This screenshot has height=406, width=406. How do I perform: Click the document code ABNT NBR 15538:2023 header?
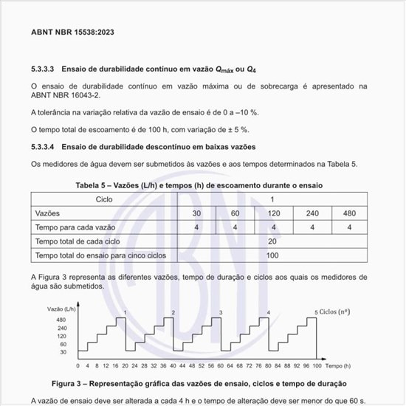coord(72,33)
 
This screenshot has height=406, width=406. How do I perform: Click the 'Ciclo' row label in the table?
coord(104,199)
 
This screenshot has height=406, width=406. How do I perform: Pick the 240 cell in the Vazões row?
coord(312,213)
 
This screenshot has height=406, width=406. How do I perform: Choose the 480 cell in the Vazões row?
coord(348,213)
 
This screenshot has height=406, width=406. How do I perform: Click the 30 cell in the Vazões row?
coord(196,213)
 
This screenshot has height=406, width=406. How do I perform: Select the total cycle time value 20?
coord(272,241)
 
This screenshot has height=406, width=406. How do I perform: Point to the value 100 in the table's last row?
coord(272,255)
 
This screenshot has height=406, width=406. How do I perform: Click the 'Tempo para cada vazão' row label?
coord(75,227)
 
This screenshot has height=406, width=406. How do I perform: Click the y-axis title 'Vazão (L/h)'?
coord(62,307)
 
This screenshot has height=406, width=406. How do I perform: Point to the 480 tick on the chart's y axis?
coord(62,319)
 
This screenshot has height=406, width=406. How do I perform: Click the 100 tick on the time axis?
coord(317,366)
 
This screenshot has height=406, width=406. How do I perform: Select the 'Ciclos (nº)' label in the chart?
coord(337,312)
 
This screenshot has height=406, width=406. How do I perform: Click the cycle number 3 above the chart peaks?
coord(221,313)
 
